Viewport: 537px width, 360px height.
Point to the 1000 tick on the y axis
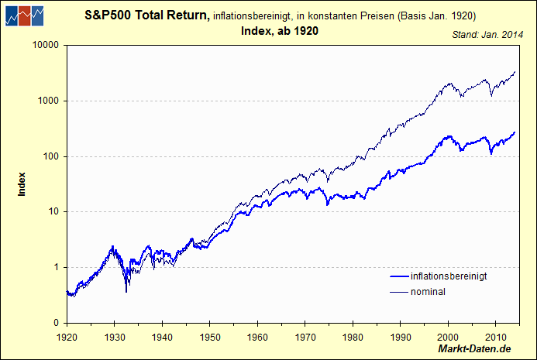tap(48, 101)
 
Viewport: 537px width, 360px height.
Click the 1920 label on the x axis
tap(67, 338)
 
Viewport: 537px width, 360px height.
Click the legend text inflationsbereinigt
tap(449, 276)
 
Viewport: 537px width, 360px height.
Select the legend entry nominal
tap(428, 292)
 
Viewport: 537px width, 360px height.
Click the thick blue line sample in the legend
tap(397, 276)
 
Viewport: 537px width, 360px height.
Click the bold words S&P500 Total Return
tap(146, 15)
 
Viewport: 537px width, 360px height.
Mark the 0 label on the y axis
tap(56, 323)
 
